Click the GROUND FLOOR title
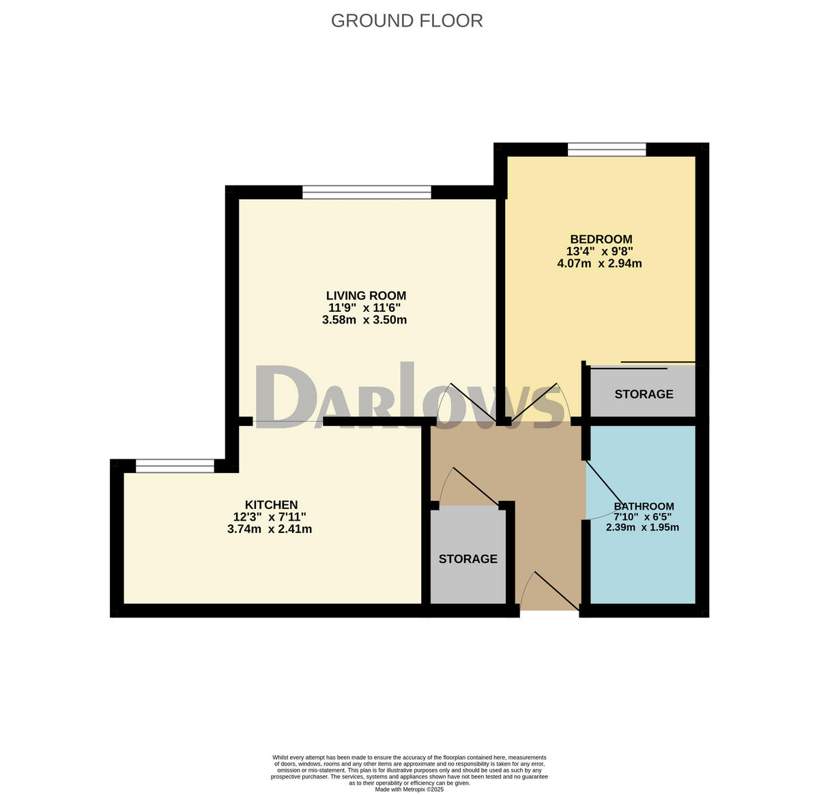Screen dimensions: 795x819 [x=407, y=21]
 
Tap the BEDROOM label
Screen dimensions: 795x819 [x=601, y=239]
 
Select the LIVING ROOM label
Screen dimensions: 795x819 [x=366, y=295]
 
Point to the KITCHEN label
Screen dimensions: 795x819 [x=272, y=504]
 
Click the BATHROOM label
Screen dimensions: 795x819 [x=644, y=506]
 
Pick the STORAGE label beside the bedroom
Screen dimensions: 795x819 [x=644, y=394]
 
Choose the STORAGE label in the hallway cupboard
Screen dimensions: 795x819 [x=468, y=559]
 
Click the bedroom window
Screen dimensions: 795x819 [x=607, y=149]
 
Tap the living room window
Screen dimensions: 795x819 [x=367, y=192]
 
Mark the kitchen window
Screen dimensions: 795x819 [x=175, y=466]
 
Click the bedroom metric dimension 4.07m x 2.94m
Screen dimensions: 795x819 [x=599, y=263]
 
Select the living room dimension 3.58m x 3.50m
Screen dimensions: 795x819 [x=364, y=320]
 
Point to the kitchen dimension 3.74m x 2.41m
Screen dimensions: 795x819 [x=270, y=529]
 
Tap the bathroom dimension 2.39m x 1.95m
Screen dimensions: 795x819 [x=642, y=527]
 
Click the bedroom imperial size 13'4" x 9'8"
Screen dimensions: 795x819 [x=600, y=251]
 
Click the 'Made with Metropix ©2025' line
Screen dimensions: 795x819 [x=409, y=790]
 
